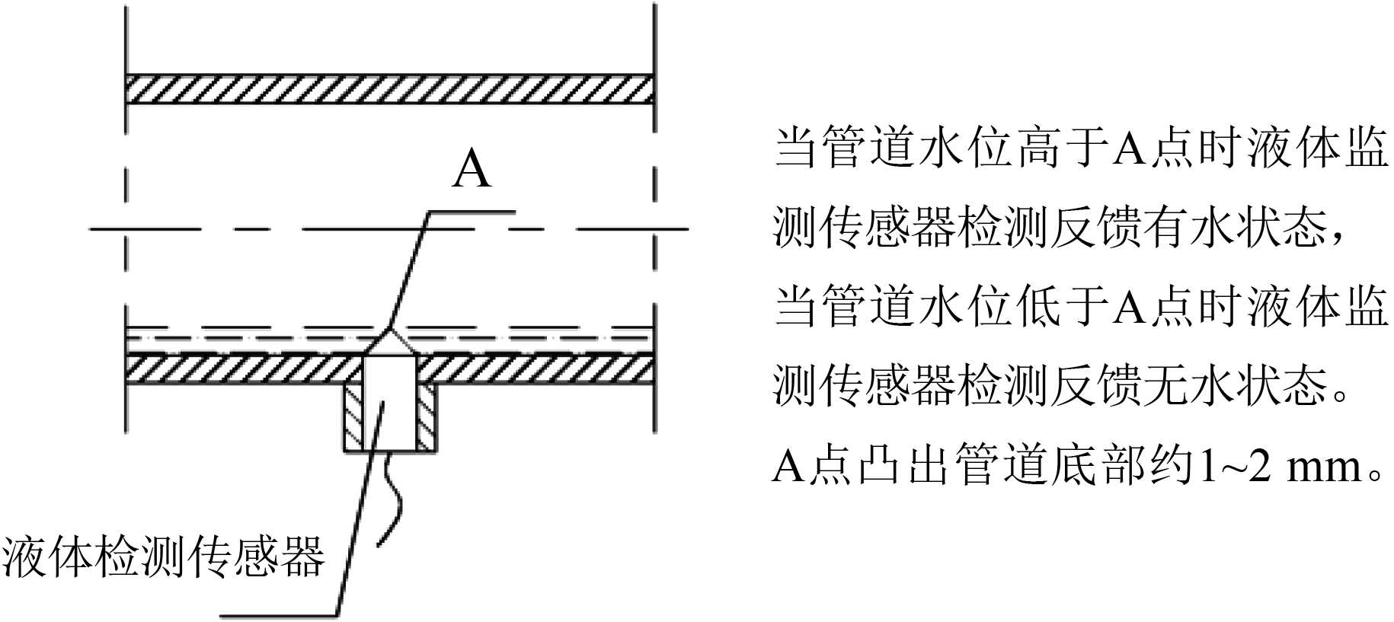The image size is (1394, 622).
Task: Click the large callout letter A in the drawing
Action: coord(472,170)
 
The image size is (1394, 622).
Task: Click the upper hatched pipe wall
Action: coord(388,89)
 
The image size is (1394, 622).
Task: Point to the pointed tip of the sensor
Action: coord(389,332)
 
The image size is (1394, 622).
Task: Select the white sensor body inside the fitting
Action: coord(388,404)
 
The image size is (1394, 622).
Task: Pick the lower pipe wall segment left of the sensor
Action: coord(244,369)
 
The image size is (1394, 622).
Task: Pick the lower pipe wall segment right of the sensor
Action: coord(533,369)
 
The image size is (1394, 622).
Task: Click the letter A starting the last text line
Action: coord(789,467)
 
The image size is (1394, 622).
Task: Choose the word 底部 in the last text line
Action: coord(1099,466)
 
